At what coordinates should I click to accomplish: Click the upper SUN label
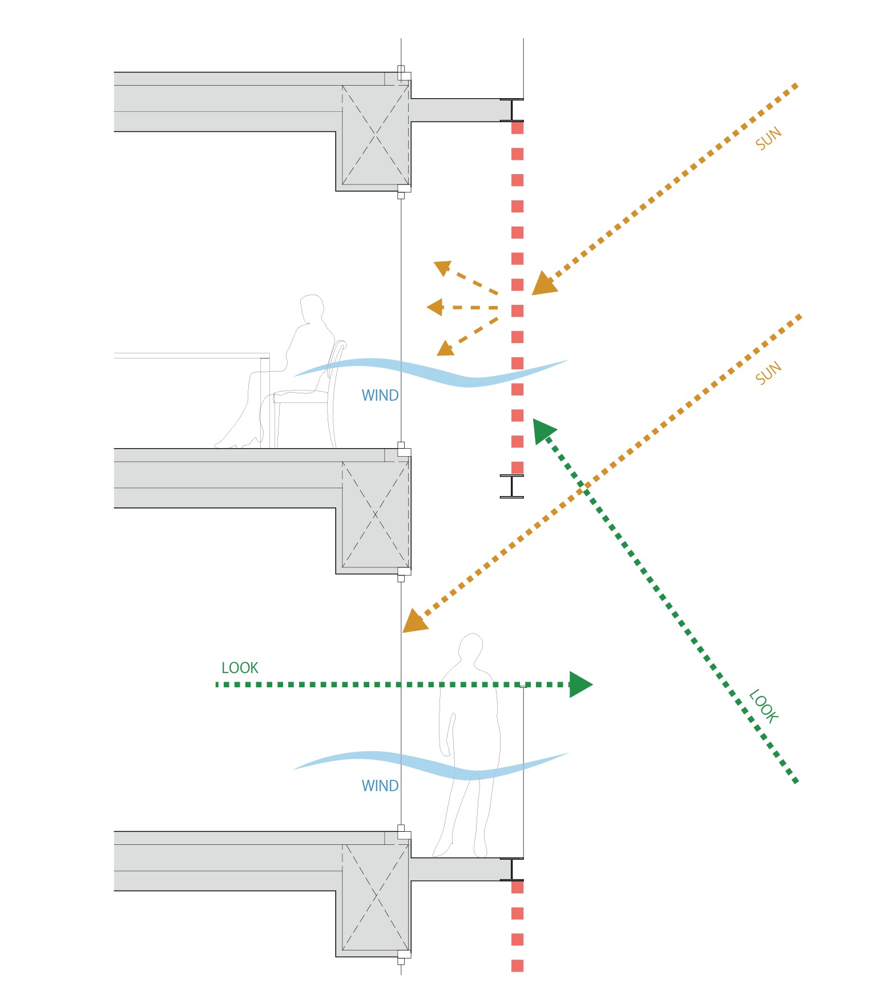[x=768, y=139]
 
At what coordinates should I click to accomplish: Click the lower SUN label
[x=768, y=373]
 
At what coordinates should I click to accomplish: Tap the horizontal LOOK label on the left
[x=240, y=668]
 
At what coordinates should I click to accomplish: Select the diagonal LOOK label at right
[x=764, y=706]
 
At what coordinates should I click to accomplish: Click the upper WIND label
[x=380, y=396]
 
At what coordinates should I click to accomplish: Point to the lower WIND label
[x=380, y=786]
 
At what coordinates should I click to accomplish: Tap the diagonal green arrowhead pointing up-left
[x=543, y=430]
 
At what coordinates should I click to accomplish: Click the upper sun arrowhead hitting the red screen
[x=543, y=284]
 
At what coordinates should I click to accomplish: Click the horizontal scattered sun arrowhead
[x=435, y=307]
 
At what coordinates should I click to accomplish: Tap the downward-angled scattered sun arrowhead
[x=445, y=348]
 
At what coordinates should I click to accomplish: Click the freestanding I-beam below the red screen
[x=512, y=486]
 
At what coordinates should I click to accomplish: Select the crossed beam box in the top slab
[x=375, y=135]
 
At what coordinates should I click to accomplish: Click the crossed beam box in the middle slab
[x=375, y=514]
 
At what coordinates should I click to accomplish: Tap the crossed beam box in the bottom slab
[x=375, y=897]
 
